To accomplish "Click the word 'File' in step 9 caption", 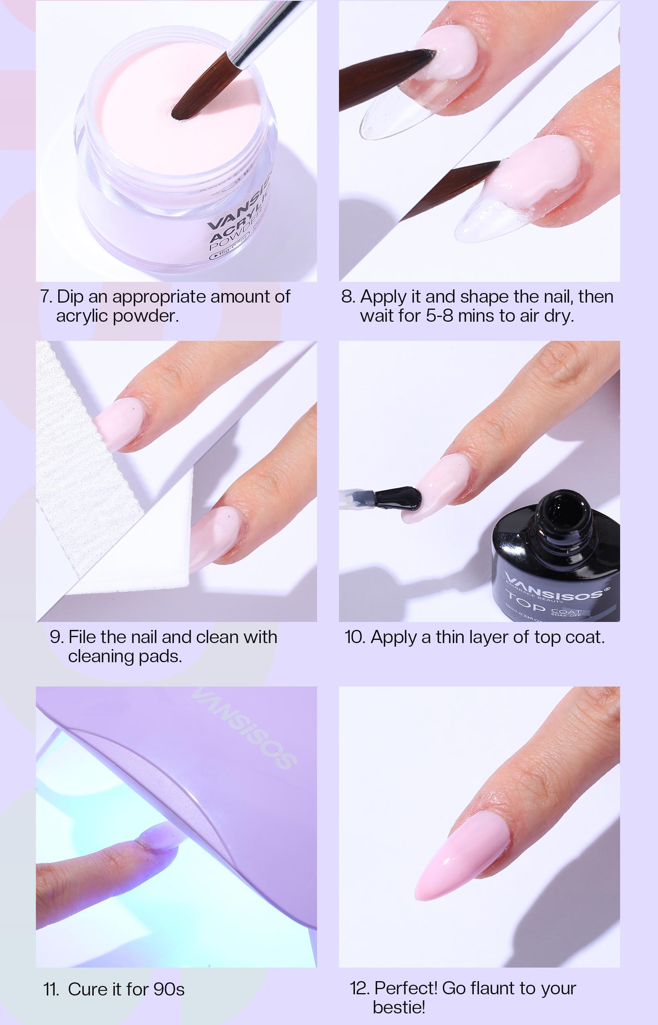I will [x=84, y=637].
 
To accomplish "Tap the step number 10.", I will [x=353, y=637].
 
